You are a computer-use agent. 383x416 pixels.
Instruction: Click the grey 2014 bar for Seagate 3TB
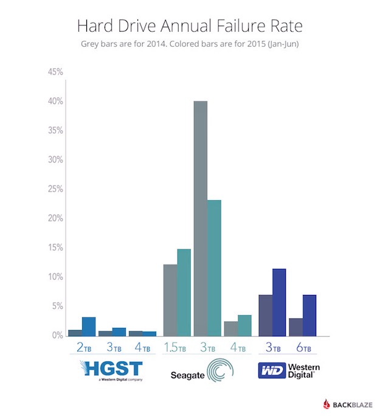coord(200,218)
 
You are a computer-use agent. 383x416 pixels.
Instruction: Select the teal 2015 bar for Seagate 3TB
coord(214,268)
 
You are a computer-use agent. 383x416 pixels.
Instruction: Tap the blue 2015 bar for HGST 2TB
coord(89,327)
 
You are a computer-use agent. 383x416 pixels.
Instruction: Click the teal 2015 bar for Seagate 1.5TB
coord(184,293)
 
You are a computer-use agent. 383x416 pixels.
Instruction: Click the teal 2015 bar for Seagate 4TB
coord(244,325)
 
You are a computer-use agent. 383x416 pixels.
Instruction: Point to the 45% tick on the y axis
coord(56,72)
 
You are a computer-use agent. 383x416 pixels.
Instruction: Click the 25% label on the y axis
coord(56,189)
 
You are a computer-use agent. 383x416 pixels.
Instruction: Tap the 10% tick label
coord(56,277)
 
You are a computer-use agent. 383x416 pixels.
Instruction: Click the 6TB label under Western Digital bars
coord(303,348)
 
